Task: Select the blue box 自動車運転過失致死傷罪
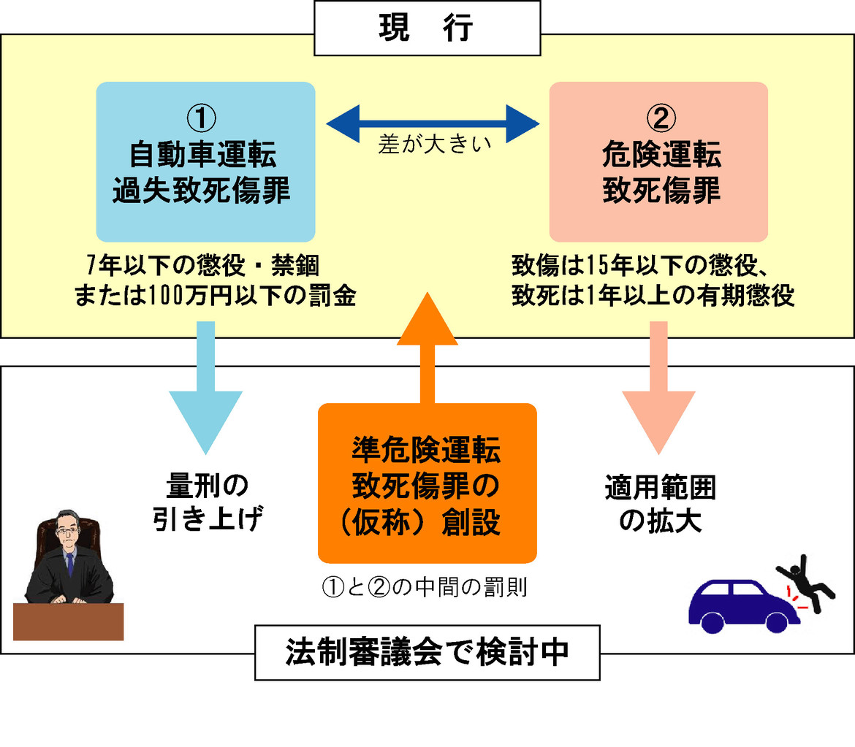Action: pyautogui.click(x=205, y=161)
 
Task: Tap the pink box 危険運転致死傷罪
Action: pyautogui.click(x=658, y=161)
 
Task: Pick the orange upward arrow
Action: pyautogui.click(x=427, y=343)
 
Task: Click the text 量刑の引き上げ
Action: pyautogui.click(x=208, y=503)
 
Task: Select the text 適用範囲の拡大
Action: pyautogui.click(x=660, y=503)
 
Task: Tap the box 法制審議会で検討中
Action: pyautogui.click(x=427, y=652)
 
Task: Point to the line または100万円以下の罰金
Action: pyautogui.click(x=214, y=296)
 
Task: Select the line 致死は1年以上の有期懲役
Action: pyautogui.click(x=653, y=296)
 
